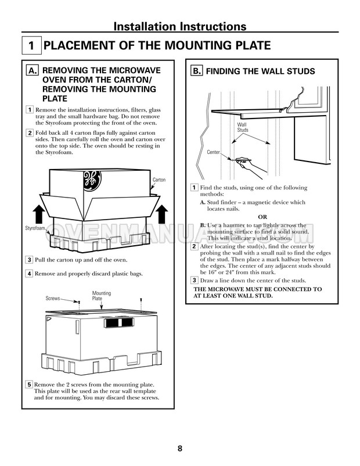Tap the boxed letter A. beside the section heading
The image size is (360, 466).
33,71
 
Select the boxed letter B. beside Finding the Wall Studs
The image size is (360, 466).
197,71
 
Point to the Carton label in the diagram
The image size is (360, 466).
159,180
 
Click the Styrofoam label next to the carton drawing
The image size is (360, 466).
35,228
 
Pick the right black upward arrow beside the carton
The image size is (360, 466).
162,215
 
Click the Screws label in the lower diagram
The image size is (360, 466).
53,299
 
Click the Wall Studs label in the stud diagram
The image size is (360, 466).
242,128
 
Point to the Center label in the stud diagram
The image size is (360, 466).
214,152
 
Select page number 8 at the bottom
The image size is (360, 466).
179,448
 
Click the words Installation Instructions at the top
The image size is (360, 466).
179,26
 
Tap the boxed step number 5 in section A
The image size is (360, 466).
30,385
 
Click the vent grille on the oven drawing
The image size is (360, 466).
120,322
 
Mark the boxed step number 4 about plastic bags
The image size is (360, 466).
30,273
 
